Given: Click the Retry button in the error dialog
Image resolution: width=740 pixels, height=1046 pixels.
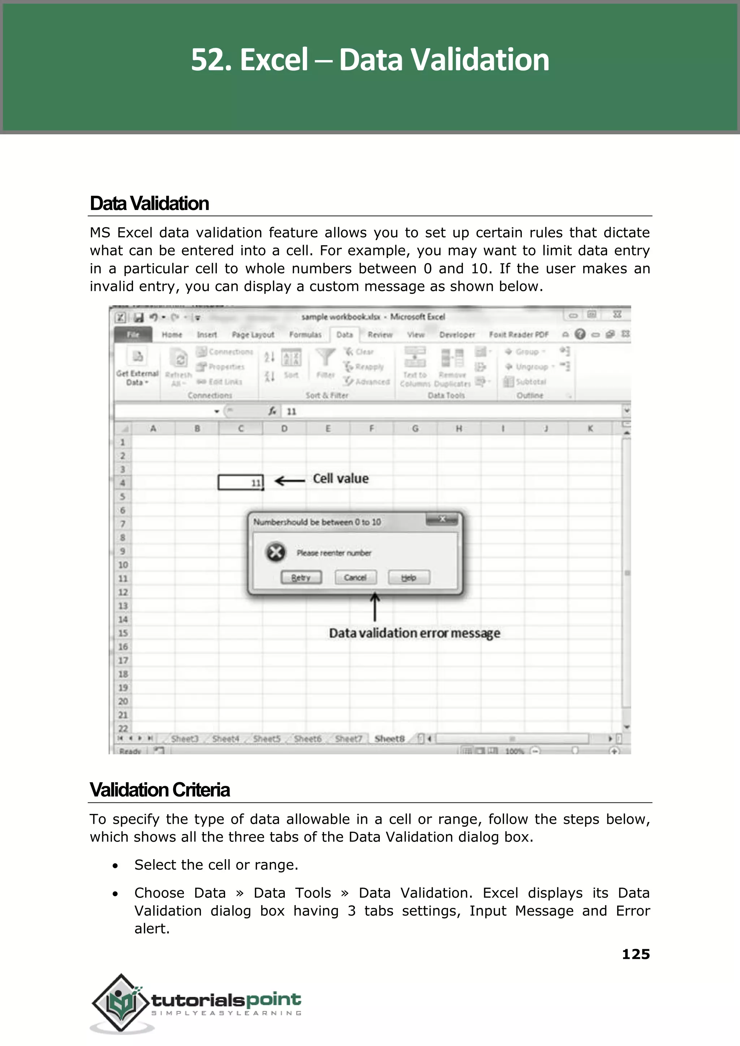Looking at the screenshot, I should (301, 578).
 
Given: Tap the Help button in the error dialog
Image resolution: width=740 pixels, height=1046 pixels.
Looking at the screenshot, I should (409, 578).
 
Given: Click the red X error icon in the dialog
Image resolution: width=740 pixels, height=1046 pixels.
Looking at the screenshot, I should (276, 552).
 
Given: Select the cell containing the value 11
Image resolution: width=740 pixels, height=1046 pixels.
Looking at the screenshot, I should (241, 482).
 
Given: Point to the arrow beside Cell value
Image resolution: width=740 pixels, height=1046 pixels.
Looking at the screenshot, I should (290, 481).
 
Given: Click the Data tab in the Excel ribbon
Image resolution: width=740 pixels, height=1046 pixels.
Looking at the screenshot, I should (344, 335).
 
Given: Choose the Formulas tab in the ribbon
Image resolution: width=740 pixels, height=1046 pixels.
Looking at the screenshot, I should (305, 335).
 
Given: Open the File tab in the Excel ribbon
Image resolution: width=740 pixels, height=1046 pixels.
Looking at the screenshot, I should (133, 335).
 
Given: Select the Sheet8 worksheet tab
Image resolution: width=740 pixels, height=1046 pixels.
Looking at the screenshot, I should (389, 739).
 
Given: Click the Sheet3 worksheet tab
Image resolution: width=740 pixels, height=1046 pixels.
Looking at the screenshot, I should (185, 739).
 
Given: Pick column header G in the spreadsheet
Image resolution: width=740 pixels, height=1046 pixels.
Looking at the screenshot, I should (415, 428).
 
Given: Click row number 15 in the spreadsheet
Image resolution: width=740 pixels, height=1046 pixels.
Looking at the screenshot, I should (123, 633).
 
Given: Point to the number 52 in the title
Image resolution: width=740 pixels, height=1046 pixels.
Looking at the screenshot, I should (209, 60).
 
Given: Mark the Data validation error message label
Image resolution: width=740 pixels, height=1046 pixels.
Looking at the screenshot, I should (415, 633).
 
